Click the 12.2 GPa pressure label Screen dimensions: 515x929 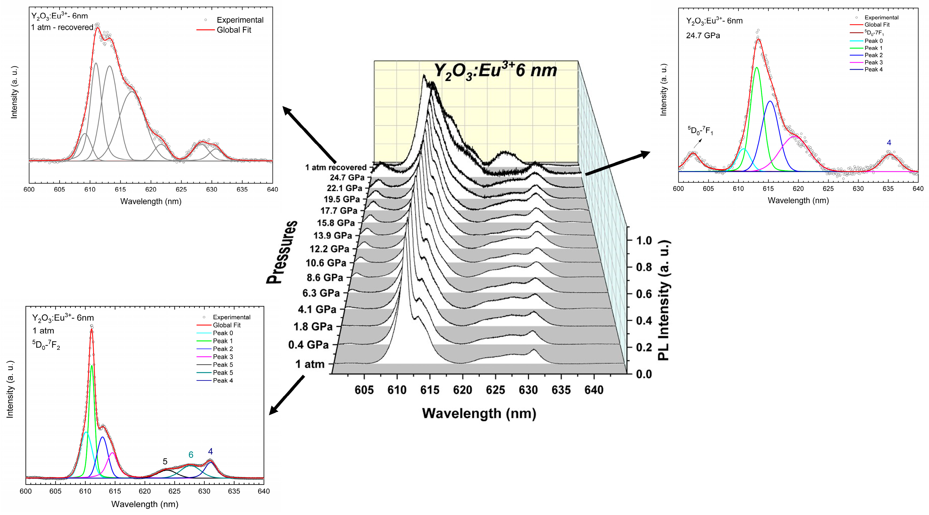tap(329, 249)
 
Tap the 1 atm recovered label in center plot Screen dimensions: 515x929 tap(335, 167)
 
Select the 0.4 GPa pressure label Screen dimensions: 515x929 tap(308, 345)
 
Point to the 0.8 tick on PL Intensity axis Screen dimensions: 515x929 tap(644, 267)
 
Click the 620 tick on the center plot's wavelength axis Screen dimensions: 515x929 tap(463, 390)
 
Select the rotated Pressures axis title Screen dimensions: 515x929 tap(282, 252)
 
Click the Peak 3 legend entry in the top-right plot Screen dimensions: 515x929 tap(873, 62)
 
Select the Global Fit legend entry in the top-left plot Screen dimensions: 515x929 tap(234, 30)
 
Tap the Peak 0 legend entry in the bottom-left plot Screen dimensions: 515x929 tap(223, 333)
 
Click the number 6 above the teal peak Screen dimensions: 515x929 tap(191, 455)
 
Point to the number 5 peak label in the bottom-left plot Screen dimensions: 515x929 tap(165, 461)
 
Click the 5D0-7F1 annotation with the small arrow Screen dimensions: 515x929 tap(700, 131)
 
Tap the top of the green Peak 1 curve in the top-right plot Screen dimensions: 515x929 tap(756, 67)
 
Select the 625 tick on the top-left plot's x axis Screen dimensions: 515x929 tap(181, 190)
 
